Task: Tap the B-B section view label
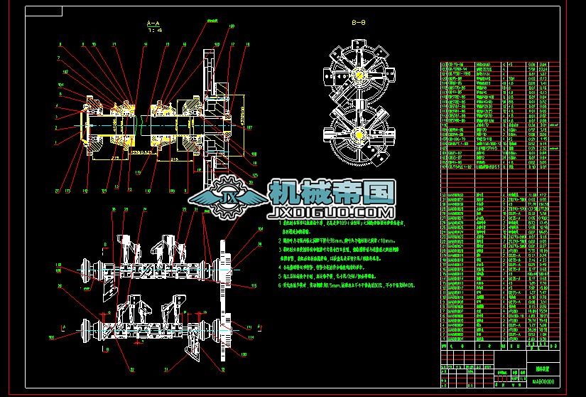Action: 359,23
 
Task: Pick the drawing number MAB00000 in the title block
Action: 546,382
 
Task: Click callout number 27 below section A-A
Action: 58,190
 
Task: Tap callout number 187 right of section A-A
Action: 249,128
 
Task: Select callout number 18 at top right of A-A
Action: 246,44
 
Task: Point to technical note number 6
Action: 280,284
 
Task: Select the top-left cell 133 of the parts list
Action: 445,64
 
